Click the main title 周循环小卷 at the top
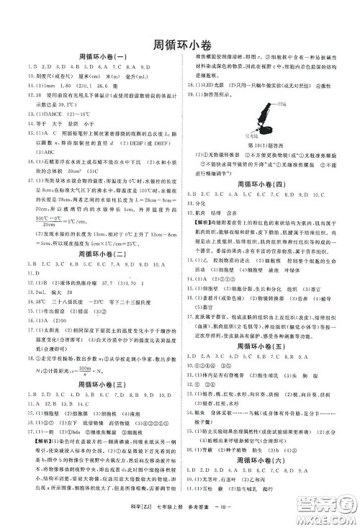click(x=180, y=43)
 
